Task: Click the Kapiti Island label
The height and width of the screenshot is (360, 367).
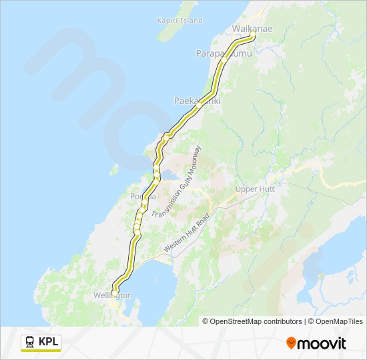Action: coord(179,21)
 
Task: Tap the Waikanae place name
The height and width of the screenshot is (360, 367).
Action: coord(252,29)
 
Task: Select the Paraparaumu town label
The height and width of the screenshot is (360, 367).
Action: coord(224,53)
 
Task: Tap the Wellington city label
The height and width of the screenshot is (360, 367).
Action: coord(112,295)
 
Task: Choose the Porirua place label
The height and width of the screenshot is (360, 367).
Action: coord(143,197)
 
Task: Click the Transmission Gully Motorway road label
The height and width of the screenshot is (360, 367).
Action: coord(177,183)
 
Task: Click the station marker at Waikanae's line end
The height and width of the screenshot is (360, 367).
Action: coord(252,35)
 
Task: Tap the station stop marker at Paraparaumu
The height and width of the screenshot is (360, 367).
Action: coord(225,58)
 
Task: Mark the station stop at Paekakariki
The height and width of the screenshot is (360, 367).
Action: coord(198,105)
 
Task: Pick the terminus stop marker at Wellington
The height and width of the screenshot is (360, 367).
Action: coord(115,293)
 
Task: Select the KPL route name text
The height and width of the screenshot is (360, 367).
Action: coord(48,342)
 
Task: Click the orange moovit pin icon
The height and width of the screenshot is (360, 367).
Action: coord(291,343)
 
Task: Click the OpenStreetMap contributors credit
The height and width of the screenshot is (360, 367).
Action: coord(252,321)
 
